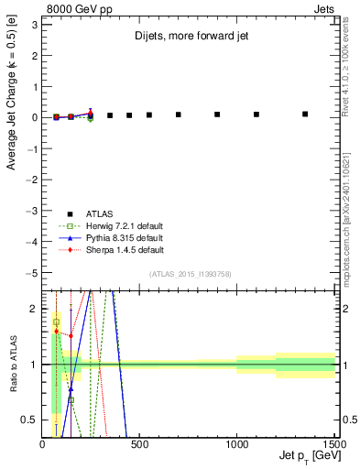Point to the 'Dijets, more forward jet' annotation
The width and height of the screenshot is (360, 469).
pyautogui.click(x=188, y=38)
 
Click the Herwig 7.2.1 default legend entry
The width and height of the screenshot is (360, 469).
pyautogui.click(x=124, y=226)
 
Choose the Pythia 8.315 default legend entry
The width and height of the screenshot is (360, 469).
pyautogui.click(x=124, y=238)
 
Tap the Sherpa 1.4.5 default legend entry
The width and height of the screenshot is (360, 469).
pyautogui.click(x=124, y=249)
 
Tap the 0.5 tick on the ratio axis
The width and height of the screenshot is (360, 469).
pyautogui.click(x=30, y=420)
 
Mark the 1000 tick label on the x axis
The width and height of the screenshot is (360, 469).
pyautogui.click(x=236, y=444)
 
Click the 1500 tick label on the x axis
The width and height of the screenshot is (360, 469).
pyautogui.click(x=333, y=444)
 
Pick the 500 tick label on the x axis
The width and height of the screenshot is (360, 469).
pyautogui.click(x=139, y=444)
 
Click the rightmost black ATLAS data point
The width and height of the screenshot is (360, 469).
pyautogui.click(x=305, y=115)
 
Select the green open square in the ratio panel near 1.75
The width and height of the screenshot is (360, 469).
pyautogui.click(x=56, y=322)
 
